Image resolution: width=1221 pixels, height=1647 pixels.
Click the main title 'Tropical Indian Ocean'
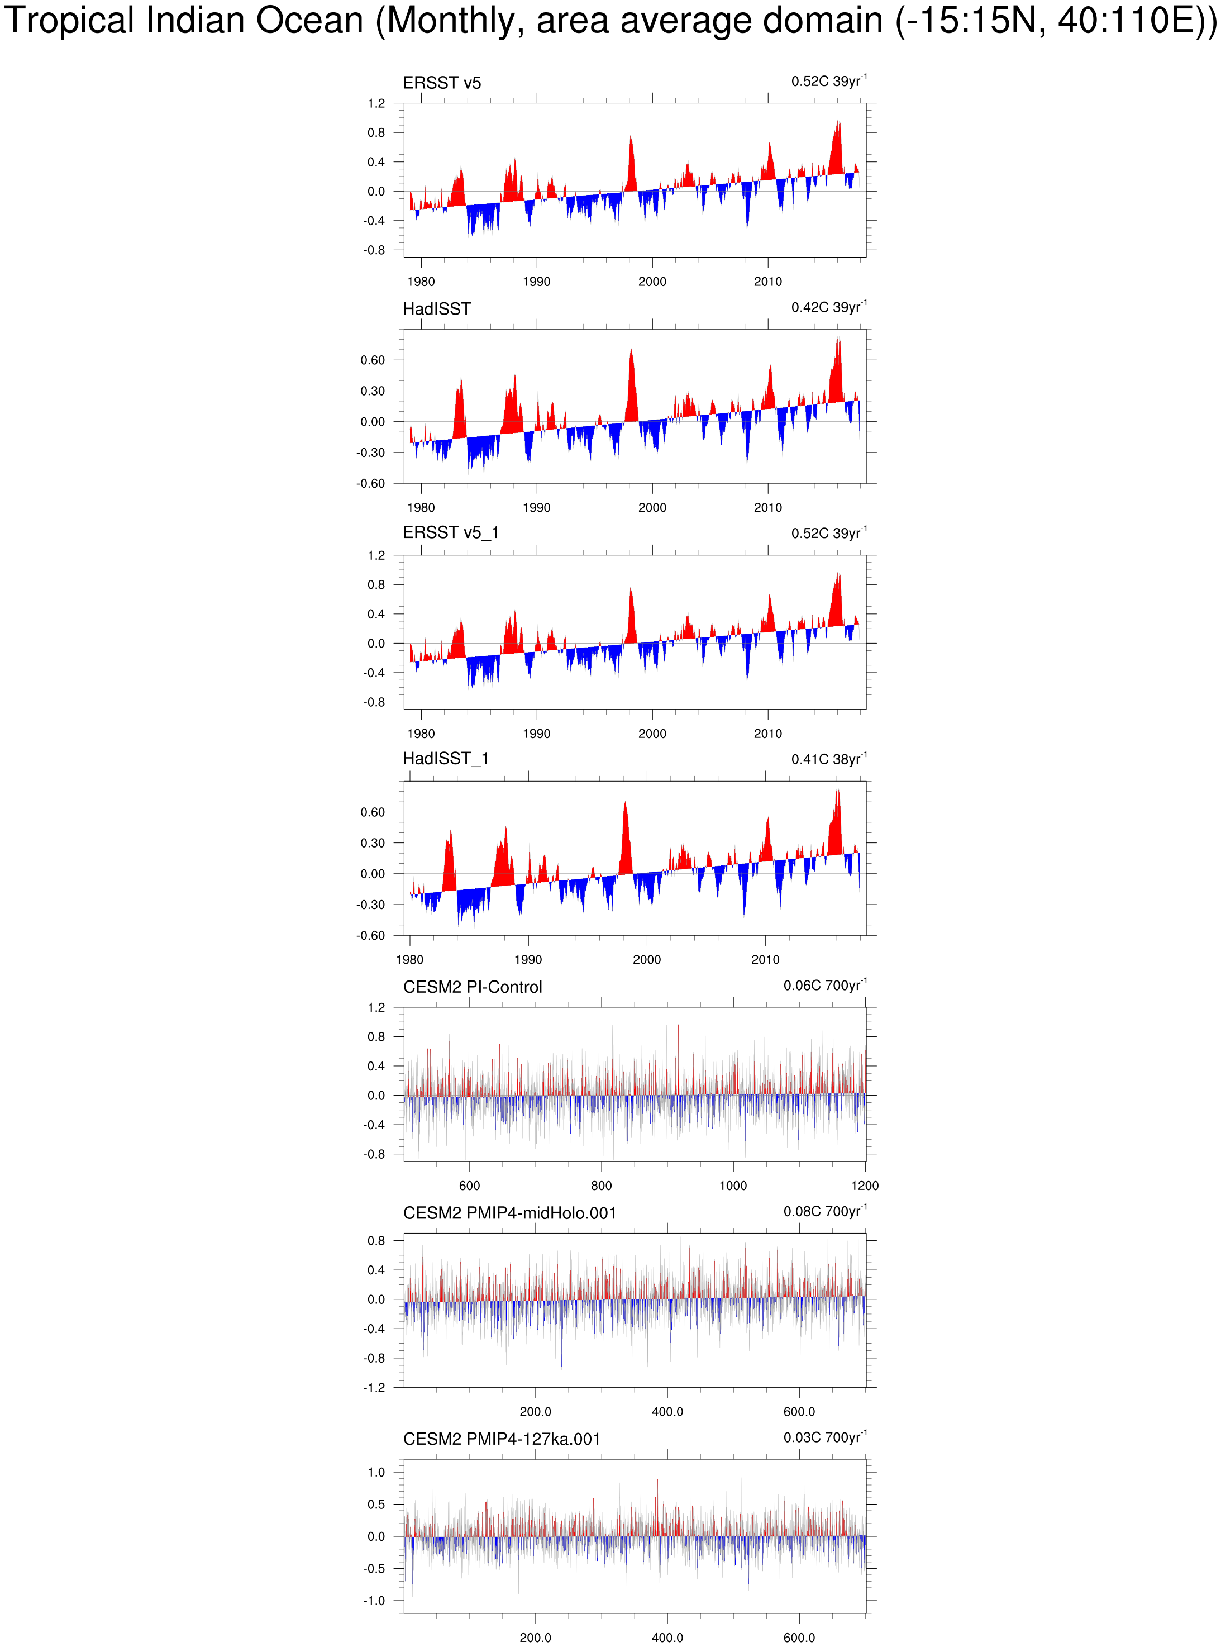pyautogui.click(x=185, y=21)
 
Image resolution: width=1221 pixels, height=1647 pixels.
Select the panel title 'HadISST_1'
pyautogui.click(x=445, y=759)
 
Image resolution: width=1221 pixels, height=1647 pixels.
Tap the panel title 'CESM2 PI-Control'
pyautogui.click(x=473, y=987)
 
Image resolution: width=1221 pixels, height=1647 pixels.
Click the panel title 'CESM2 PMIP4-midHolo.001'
pyautogui.click(x=509, y=1213)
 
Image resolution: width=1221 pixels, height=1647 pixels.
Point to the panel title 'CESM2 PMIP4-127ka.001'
pyautogui.click(x=501, y=1439)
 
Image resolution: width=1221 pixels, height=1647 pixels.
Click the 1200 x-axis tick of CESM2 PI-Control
pyautogui.click(x=865, y=1186)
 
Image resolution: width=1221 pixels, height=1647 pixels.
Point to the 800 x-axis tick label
pyautogui.click(x=601, y=1186)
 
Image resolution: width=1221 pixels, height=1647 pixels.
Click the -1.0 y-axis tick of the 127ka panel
pyautogui.click(x=375, y=1601)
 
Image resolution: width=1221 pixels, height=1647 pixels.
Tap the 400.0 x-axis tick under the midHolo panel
pyautogui.click(x=667, y=1412)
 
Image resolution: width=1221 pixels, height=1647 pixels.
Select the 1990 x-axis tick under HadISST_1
pyautogui.click(x=528, y=959)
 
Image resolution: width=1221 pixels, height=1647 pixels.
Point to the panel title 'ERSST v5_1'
pyautogui.click(x=450, y=532)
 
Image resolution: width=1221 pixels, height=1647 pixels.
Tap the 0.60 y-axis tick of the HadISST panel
pyautogui.click(x=373, y=360)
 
